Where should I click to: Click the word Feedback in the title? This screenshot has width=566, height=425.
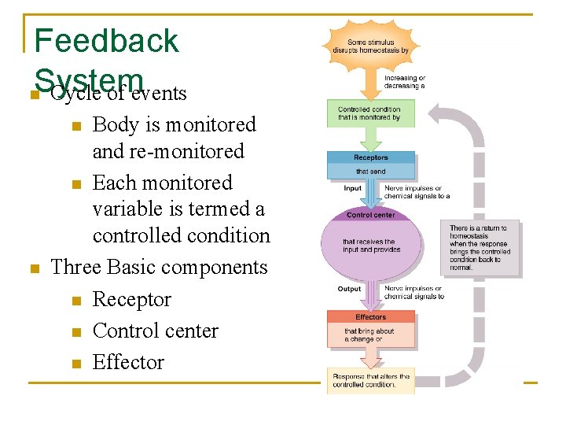coord(107,41)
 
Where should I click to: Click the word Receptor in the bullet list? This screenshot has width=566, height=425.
coord(131,299)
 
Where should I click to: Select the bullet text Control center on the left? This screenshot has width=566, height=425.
coord(155,331)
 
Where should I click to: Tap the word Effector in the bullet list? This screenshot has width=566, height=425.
coord(128,362)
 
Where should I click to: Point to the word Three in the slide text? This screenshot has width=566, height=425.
coord(73,268)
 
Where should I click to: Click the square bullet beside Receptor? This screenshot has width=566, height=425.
coord(75,301)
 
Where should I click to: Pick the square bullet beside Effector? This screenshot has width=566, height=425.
coord(75,364)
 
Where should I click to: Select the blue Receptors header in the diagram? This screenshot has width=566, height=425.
coord(371,157)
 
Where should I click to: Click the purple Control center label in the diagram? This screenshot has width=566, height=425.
coord(371,214)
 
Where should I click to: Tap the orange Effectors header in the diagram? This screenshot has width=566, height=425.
coord(371,316)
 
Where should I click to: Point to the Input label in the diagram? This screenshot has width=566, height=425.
coord(352,188)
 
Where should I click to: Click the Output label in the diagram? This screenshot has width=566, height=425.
coord(349,289)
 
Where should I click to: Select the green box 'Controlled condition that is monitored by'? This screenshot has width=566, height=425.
coord(370,113)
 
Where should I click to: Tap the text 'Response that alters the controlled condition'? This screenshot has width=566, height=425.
coord(371,380)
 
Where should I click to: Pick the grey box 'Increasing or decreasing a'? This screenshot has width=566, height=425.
coord(405,82)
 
